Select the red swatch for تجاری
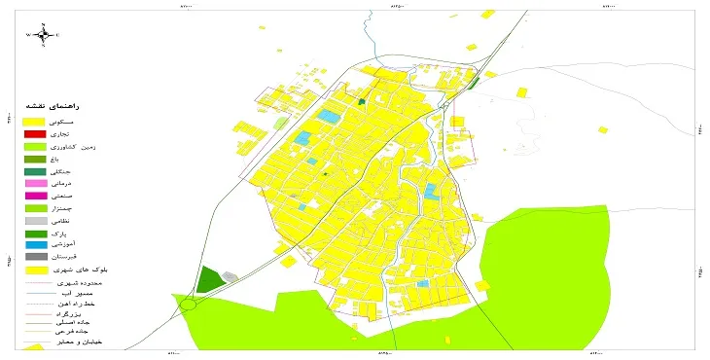pos(35,133)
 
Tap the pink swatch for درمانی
pos(35,184)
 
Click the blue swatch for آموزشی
pos(35,244)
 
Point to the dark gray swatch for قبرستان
pos(35,257)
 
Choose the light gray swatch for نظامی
pos(35,221)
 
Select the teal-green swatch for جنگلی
pos(35,171)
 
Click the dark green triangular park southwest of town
pos(208,279)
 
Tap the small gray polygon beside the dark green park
pos(231,277)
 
